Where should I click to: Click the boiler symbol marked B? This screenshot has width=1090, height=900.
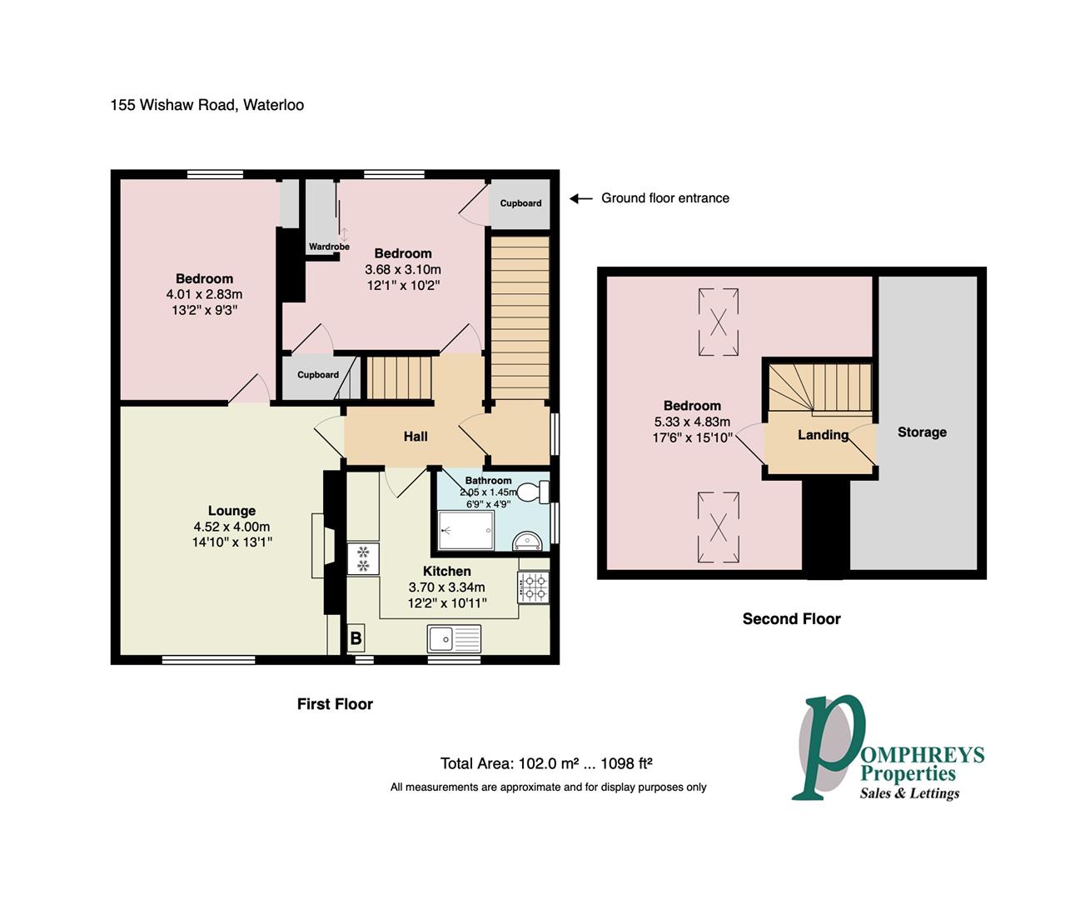tap(356, 639)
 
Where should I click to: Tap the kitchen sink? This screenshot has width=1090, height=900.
tap(454, 639)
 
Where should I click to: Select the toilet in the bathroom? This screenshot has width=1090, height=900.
tap(531, 492)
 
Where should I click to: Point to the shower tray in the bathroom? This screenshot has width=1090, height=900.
tap(465, 531)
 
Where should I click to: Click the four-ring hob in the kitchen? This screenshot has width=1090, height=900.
tap(533, 587)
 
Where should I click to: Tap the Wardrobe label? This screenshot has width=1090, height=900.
tap(329, 247)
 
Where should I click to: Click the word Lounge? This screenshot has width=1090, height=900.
tap(231, 511)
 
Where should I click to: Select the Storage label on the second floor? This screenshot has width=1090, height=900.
tap(922, 432)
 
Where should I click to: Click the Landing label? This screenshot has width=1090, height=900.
tap(823, 434)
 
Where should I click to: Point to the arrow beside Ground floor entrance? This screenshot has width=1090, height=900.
tap(580, 198)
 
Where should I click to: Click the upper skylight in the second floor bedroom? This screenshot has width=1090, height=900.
tap(718, 322)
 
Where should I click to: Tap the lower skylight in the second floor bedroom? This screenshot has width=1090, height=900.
tap(718, 526)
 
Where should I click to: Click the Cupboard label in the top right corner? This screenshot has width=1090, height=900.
tap(520, 203)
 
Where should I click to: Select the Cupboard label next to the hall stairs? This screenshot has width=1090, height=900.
tap(318, 375)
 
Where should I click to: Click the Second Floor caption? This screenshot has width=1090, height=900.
tap(791, 618)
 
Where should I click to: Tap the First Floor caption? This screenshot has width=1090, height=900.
tap(335, 704)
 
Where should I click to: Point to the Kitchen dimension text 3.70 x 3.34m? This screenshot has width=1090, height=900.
tap(447, 587)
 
